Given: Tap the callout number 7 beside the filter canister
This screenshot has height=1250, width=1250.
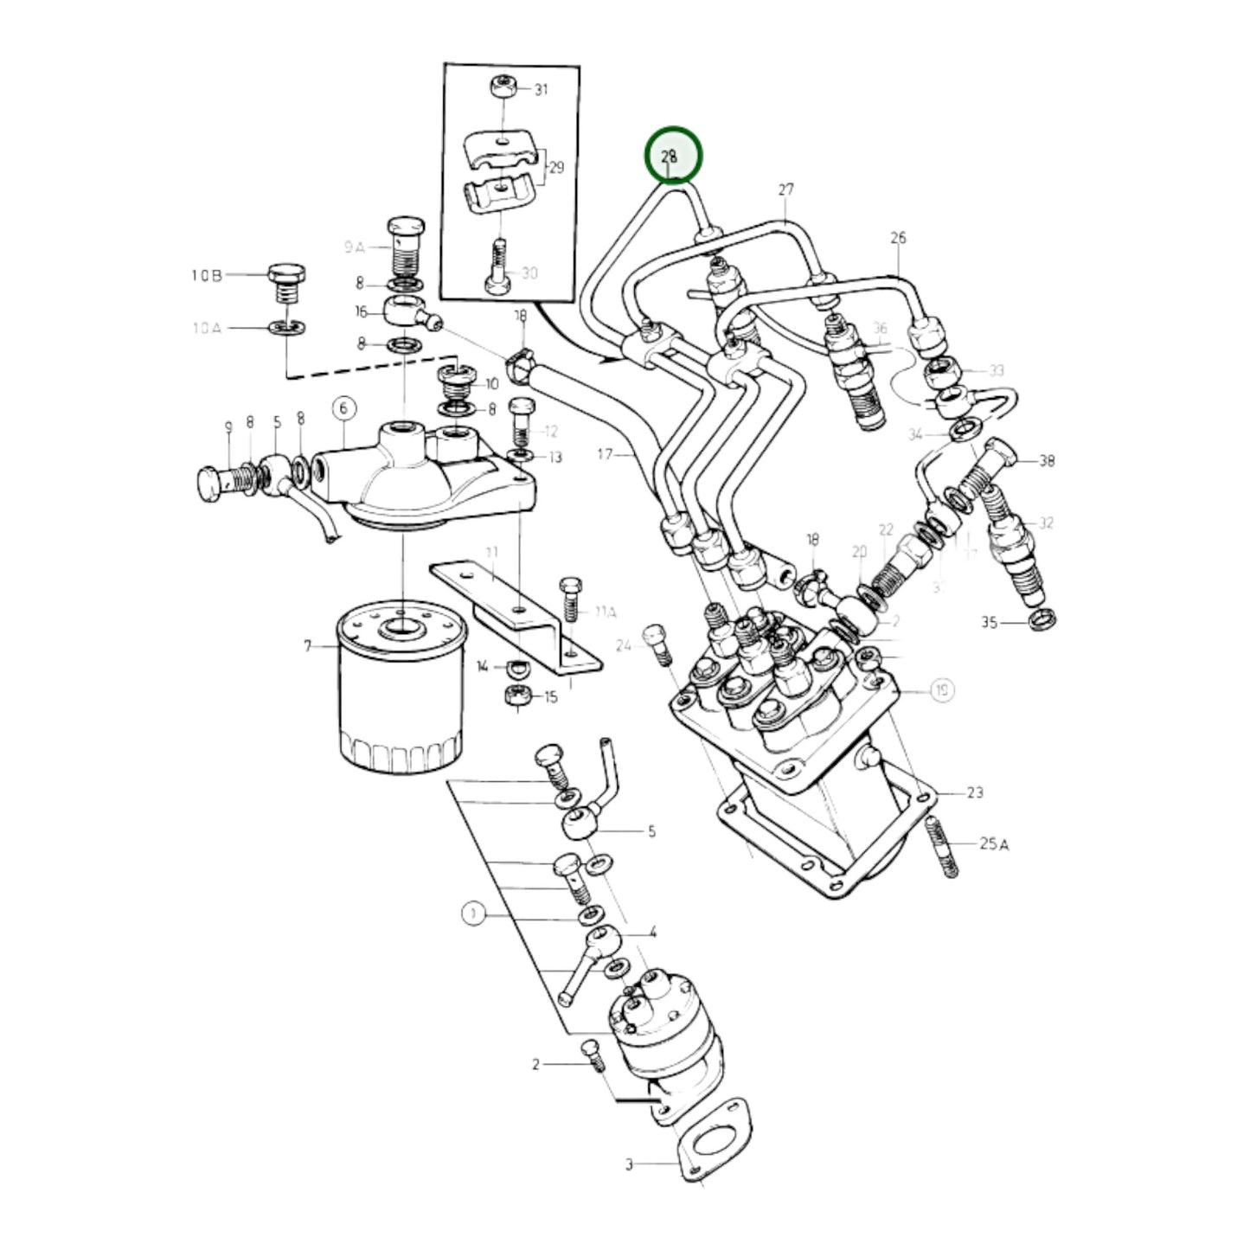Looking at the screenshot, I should pos(308,646).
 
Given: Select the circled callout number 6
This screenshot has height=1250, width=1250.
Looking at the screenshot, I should pos(343,408).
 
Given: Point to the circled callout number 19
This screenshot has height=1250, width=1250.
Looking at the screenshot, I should pos(942,689).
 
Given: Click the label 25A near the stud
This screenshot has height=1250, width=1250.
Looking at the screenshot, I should pos(994,843).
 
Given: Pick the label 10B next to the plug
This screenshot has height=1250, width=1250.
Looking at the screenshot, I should pos(207,276).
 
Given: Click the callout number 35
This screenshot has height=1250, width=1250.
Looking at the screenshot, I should pos(990,622).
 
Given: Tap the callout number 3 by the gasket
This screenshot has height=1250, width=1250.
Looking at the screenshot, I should pos(630,1164).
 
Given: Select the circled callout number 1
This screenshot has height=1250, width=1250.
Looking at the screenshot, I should pos(473,913).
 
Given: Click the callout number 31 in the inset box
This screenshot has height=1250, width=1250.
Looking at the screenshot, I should pos(541,89).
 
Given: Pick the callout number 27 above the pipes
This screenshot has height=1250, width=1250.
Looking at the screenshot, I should pos(785,189).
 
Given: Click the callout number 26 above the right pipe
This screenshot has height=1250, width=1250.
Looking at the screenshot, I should pos(898,237).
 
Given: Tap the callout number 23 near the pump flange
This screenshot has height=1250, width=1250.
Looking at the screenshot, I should pos(975,792).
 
